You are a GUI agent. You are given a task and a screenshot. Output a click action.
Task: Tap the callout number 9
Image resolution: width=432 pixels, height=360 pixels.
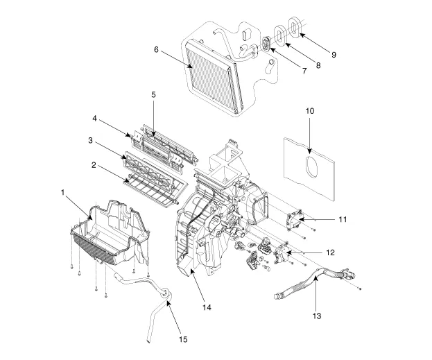(x=334, y=53)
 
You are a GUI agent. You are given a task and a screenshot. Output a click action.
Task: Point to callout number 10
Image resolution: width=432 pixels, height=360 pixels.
(x=309, y=110)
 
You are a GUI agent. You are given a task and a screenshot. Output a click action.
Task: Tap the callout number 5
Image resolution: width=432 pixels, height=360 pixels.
(x=153, y=94)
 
